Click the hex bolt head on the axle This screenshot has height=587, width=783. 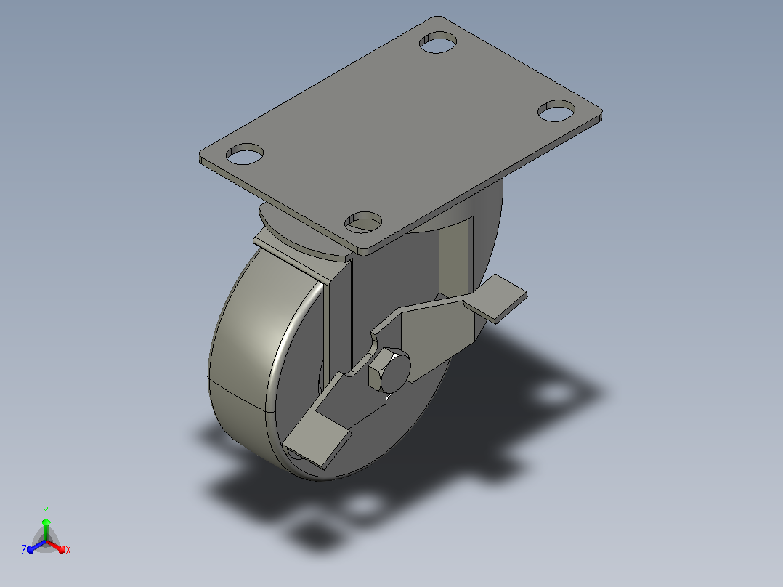coord(389,371)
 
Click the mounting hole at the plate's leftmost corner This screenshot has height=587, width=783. coord(245,154)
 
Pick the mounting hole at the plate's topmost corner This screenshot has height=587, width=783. coord(438,42)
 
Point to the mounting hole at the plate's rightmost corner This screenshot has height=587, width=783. coord(556,111)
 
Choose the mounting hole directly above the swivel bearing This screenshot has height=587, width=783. coord(363,222)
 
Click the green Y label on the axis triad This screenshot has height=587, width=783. coord(46,511)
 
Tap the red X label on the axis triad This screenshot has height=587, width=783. coord(68,550)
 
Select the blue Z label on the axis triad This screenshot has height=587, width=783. coord(24,549)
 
